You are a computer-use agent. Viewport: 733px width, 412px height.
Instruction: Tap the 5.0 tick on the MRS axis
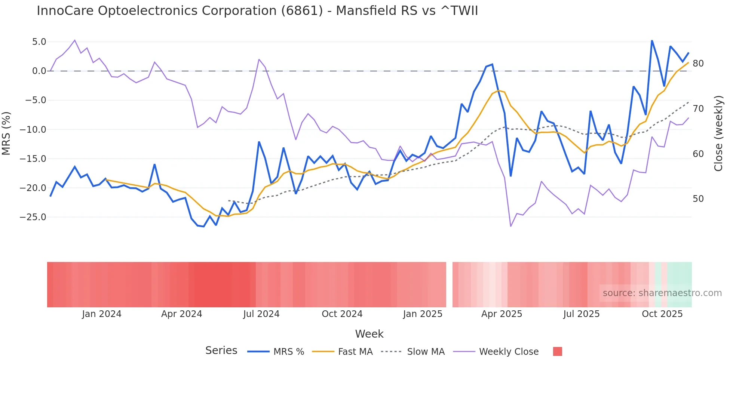[x=39, y=42]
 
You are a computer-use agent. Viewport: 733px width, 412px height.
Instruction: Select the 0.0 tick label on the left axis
[x=39, y=71]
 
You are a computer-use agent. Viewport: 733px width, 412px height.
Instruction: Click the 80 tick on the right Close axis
[x=698, y=64]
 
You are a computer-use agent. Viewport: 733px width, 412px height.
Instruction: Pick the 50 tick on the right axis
[x=698, y=199]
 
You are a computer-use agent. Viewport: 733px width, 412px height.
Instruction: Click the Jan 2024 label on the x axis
[x=102, y=314]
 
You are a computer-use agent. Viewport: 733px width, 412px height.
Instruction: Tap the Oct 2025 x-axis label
[x=662, y=314]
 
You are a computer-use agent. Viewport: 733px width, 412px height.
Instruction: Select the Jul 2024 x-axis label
[x=261, y=314]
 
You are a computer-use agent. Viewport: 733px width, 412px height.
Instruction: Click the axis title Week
[x=369, y=334]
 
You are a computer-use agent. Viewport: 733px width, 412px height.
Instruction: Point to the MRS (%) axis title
[x=6, y=133]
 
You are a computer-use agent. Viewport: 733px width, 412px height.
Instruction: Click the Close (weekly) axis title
[x=718, y=133]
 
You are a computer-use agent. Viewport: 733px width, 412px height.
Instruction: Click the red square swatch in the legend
[x=557, y=351]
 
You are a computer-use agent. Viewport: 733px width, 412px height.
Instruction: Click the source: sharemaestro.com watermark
[x=662, y=293]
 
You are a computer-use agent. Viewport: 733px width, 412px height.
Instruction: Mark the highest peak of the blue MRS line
[x=652, y=40]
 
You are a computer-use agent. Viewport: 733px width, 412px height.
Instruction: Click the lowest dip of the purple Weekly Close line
[x=510, y=226]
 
